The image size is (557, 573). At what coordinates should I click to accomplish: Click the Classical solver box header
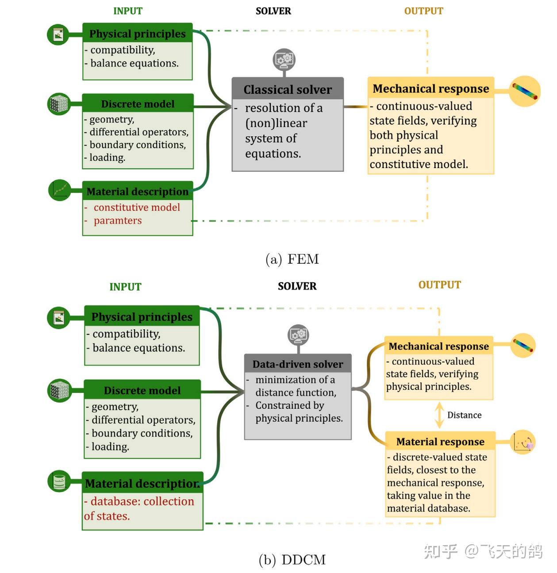tap(288, 89)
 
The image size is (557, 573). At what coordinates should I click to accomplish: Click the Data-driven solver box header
tap(298, 364)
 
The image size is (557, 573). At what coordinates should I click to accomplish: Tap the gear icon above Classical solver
tap(284, 59)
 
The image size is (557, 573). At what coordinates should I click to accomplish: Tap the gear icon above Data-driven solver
tap(298, 335)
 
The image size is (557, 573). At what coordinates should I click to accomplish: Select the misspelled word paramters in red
tap(118, 221)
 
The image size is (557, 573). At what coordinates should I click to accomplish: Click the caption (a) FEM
tap(292, 259)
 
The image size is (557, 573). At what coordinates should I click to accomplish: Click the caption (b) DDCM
tap(292, 560)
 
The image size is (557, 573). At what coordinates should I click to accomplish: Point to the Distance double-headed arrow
tap(439, 415)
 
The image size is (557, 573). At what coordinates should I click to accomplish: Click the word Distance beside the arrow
tap(464, 415)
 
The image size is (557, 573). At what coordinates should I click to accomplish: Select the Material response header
tap(440, 442)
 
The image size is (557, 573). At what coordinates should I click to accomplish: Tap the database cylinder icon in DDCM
tap(59, 481)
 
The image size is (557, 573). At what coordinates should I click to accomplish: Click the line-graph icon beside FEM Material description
tap(59, 190)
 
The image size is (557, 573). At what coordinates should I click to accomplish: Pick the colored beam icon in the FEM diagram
tap(525, 91)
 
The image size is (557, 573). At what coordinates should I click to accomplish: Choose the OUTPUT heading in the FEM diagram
tap(423, 11)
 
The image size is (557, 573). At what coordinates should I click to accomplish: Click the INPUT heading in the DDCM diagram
tap(125, 287)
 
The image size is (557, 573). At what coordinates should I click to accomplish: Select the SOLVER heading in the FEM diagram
tap(273, 11)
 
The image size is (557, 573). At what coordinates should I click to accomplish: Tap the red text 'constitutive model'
tap(137, 208)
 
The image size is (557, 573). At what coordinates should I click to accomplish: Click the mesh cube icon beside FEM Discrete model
tap(59, 104)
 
